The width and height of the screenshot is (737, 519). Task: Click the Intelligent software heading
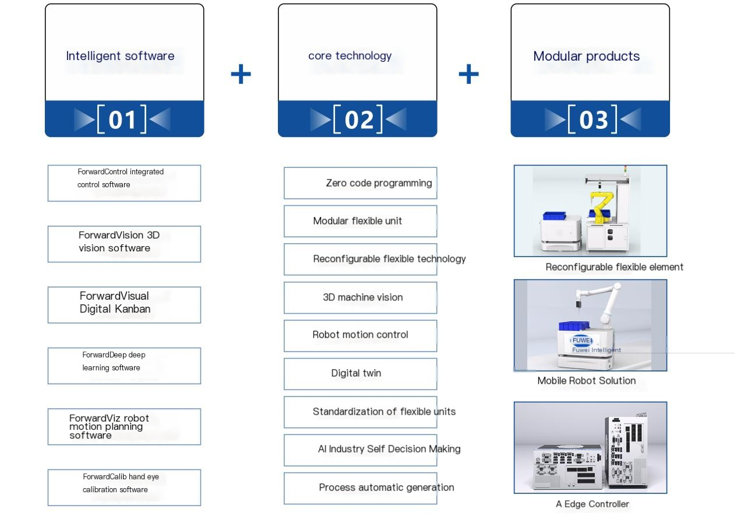(x=120, y=56)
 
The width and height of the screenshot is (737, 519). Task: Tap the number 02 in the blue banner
(x=358, y=120)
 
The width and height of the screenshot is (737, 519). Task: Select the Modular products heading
(x=586, y=56)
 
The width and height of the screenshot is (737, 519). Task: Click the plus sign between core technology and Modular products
(x=468, y=74)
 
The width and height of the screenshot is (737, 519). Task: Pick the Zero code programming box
(x=360, y=183)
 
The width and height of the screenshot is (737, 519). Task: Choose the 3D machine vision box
(x=360, y=297)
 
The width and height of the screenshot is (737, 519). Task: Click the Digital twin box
(x=360, y=373)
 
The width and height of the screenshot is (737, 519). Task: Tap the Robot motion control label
(x=360, y=335)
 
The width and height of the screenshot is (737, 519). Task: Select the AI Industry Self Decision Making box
(x=360, y=449)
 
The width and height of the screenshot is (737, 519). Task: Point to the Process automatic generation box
(x=360, y=488)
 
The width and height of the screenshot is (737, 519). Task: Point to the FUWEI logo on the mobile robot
(x=581, y=341)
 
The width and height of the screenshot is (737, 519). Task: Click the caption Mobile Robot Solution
(x=586, y=381)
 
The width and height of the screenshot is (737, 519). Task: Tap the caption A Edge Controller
(x=592, y=504)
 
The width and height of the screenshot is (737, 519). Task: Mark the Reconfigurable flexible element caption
(x=614, y=267)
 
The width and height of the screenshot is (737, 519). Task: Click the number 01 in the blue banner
(x=122, y=120)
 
